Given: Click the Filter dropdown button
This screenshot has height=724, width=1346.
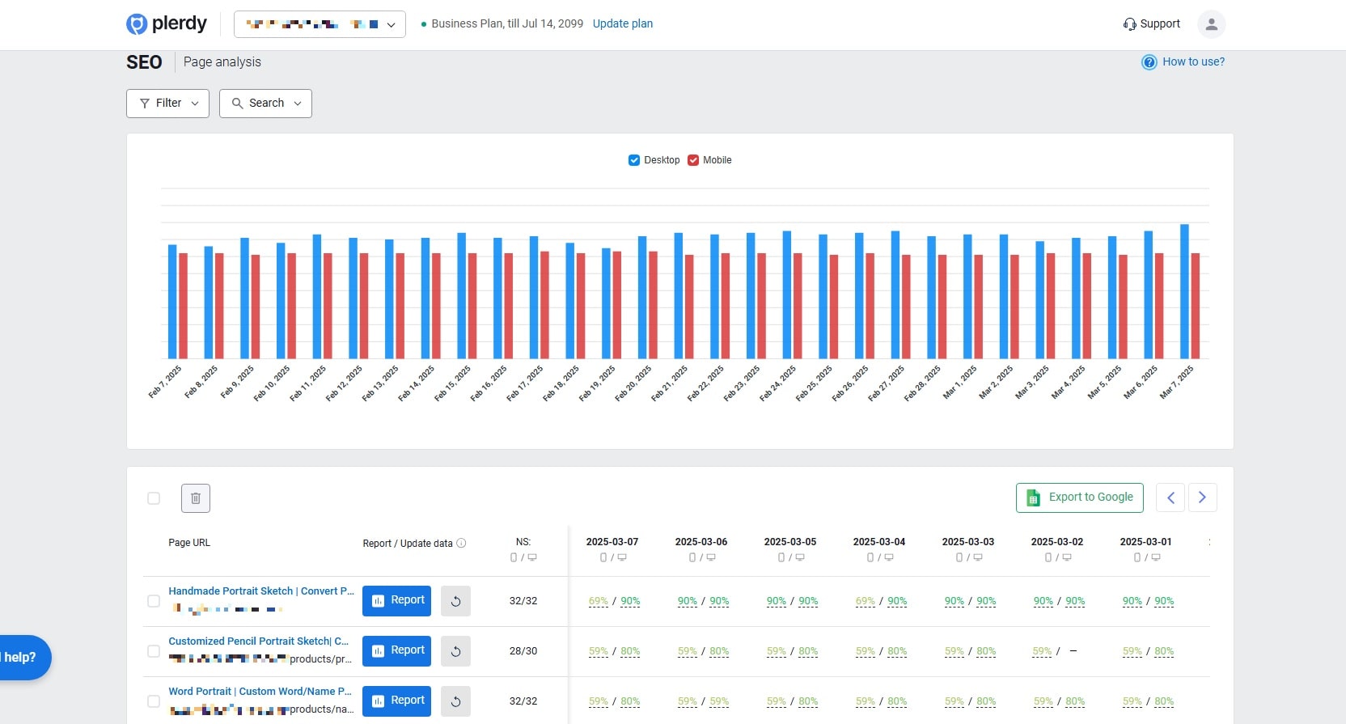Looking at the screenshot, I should pos(167,104).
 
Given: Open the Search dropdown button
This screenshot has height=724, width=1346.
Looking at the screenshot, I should pos(265,104).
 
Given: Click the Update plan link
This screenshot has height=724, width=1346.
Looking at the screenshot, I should pos(622,23).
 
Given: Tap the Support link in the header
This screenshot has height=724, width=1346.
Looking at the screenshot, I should pos(1151,24).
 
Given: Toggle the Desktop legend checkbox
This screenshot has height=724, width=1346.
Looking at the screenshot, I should pos(634,160).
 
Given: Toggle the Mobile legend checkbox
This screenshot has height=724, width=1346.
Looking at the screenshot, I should pos(693,160).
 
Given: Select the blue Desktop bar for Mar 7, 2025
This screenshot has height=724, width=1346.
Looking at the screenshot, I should pos(1184,291).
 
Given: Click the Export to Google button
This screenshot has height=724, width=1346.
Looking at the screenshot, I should pos(1079,497).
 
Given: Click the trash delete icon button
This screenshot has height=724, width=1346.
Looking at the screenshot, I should pos(196,498).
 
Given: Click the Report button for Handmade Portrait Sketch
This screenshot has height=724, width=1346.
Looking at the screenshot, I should pos(396,601).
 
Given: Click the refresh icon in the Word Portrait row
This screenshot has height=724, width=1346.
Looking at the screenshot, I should pos(455,701).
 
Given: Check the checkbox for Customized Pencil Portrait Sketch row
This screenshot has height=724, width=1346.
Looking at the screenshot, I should pos(154,651).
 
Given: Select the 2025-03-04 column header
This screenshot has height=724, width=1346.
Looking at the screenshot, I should pos(878,542).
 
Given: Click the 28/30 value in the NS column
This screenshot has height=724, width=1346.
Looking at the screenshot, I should pos(523,651).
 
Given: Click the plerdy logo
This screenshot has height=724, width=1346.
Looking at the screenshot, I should pos(167,24).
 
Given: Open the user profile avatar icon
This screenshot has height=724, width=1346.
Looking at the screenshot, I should pos(1211,24).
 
